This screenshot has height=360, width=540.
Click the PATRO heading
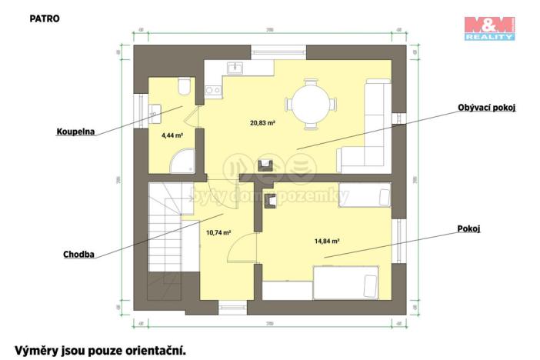click(45, 17)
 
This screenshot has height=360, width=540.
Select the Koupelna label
click(75, 132)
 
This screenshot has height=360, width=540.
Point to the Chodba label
click(79, 254)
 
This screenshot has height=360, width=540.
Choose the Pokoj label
click(469, 228)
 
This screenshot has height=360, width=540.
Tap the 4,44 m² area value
click(172, 135)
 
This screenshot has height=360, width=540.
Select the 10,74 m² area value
click(219, 232)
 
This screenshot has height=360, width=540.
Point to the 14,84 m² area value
click(327, 241)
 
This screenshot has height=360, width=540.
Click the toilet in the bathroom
click(183, 85)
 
